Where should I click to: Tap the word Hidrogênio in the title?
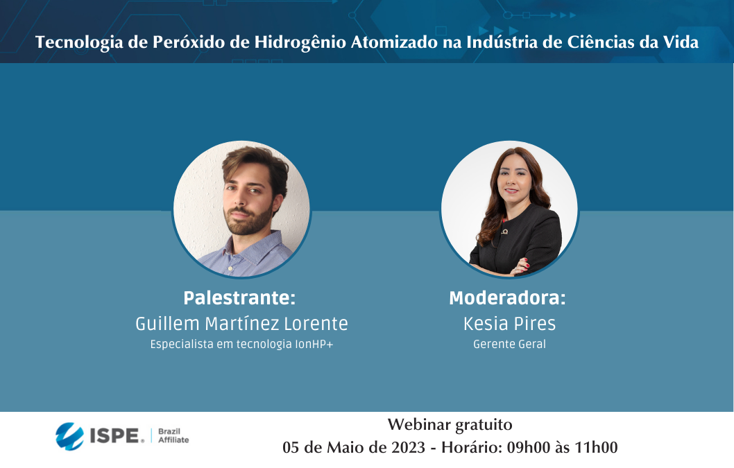tap(300, 42)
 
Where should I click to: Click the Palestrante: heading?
tap(239, 297)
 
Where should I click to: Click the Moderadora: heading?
tap(507, 297)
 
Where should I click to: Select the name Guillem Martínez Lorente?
tap(241, 323)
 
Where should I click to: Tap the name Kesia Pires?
tap(509, 323)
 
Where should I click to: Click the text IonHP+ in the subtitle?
tap(314, 344)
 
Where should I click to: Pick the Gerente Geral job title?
tap(509, 344)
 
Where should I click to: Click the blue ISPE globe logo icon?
tap(70, 436)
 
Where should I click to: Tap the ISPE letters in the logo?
tap(114, 435)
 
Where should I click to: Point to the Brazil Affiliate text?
tap(173, 435)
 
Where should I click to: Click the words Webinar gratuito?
tap(450, 424)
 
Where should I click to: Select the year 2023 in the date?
tap(408, 447)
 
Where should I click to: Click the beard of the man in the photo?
tap(248, 220)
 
